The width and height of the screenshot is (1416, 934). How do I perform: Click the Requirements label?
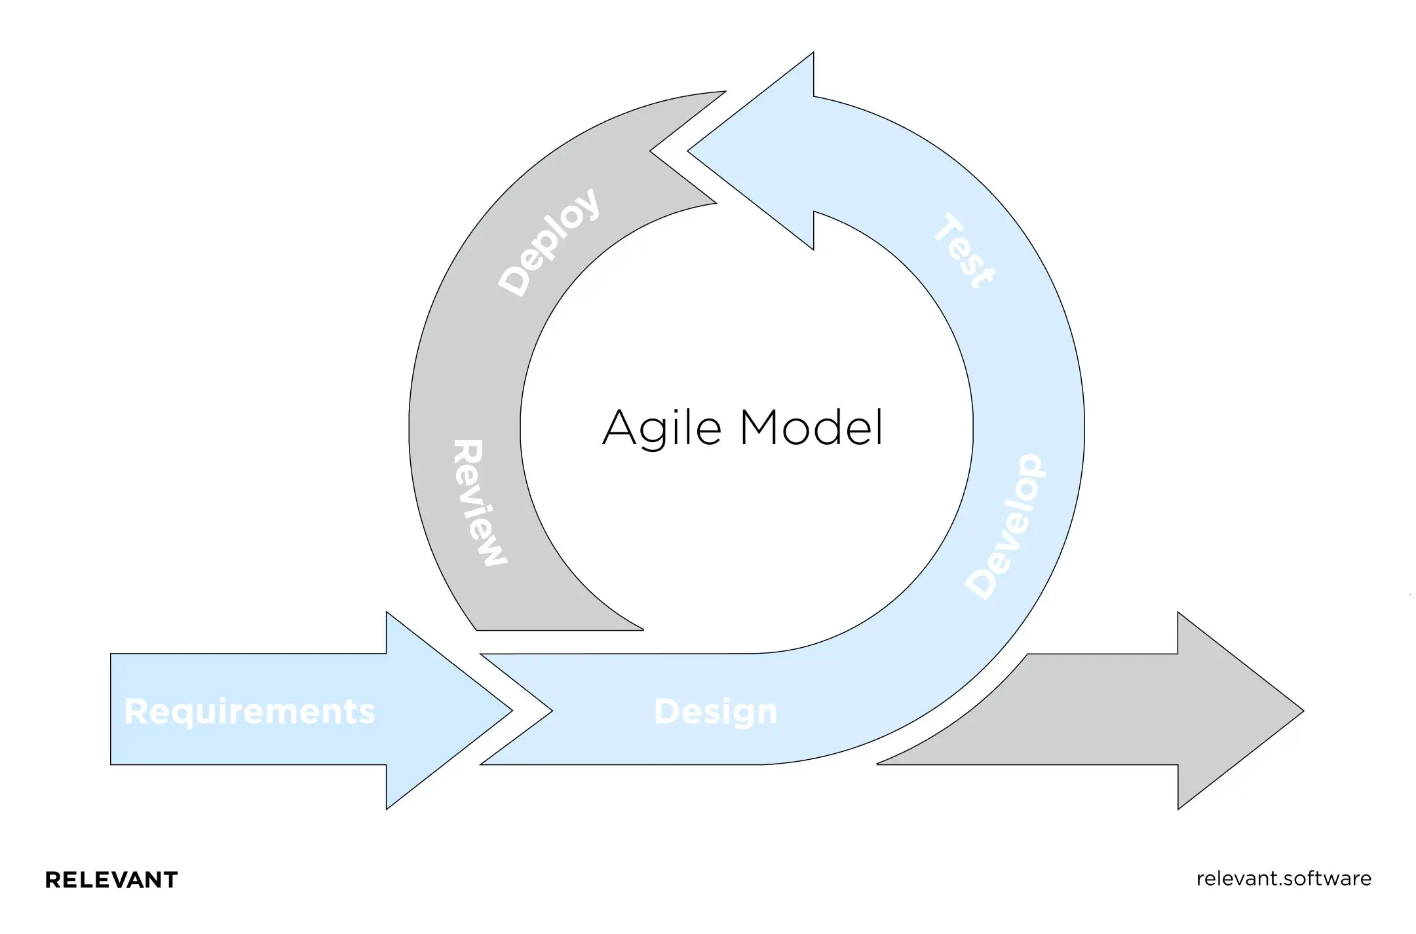249,711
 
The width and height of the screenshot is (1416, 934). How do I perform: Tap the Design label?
716,711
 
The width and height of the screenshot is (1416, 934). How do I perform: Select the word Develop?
1006,527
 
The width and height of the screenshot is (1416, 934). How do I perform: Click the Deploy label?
549,242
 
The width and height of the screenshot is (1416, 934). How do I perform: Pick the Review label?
480,503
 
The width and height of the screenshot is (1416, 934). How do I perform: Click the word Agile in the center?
662,428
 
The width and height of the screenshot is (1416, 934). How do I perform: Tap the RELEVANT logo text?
111,880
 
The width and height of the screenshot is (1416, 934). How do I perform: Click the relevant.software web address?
1284,878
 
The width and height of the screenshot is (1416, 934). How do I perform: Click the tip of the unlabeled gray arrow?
1301,710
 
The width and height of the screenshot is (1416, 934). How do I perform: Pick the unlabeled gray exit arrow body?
1081,710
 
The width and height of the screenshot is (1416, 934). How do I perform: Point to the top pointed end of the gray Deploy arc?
723,92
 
